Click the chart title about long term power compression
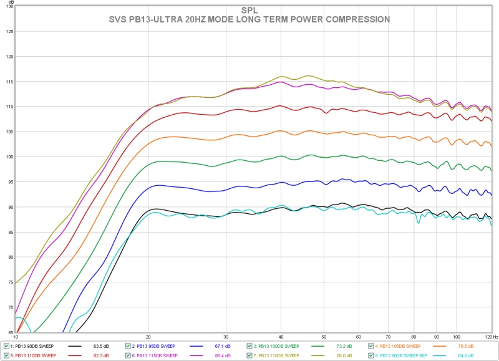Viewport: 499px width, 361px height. [249, 19]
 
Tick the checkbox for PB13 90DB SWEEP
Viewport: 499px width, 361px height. [6, 345]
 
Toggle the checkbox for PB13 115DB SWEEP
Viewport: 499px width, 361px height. [128, 355]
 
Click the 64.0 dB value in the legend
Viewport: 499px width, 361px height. [468, 355]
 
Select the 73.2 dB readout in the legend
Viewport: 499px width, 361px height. [345, 345]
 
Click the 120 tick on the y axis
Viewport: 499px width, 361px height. [9, 56]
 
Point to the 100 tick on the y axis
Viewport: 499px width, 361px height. [9, 156]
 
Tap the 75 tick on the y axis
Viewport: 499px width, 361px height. [9, 282]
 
